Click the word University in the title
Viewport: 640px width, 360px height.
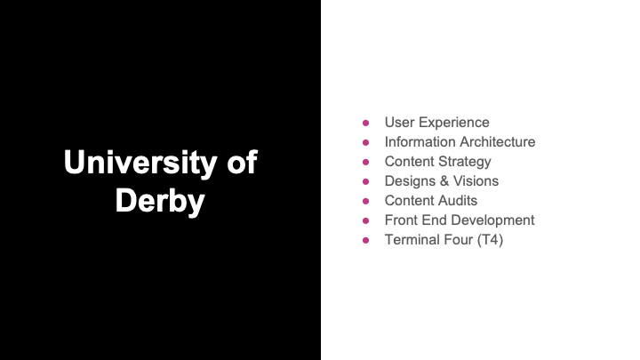click(x=140, y=163)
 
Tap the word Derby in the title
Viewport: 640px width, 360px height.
click(x=160, y=201)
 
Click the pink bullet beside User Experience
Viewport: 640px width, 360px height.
click(x=365, y=123)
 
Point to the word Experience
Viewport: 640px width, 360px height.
click(x=454, y=123)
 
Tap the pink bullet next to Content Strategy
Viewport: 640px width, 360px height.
click(x=365, y=162)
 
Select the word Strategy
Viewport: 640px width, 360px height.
click(x=465, y=162)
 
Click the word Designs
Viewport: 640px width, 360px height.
click(x=410, y=181)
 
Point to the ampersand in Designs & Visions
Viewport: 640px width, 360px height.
click(x=444, y=180)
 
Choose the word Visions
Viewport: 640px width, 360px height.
click(x=476, y=180)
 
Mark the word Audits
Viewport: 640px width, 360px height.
click(x=459, y=200)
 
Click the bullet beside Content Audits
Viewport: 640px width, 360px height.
click(x=365, y=201)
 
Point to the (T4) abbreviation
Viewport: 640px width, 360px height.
click(x=490, y=240)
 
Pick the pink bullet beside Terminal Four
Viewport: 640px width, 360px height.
click(x=365, y=240)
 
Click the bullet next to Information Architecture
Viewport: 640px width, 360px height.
click(x=365, y=142)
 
